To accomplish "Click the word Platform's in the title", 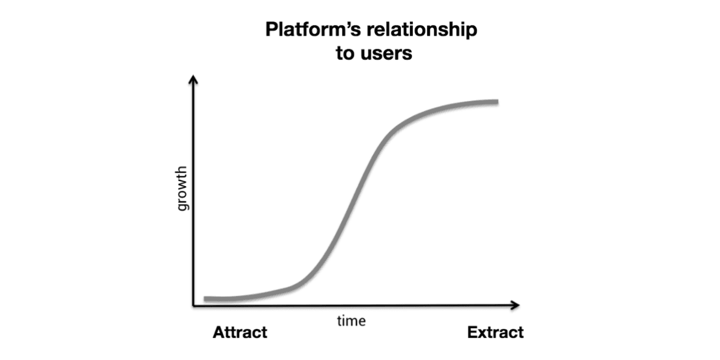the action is point(313,29).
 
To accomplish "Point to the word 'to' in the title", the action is point(345,53).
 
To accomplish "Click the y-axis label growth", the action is point(182,188).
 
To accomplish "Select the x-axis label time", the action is point(352,321).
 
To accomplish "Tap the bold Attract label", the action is point(240,332).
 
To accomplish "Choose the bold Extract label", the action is point(496,332).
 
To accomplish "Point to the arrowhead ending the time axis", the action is point(515,305).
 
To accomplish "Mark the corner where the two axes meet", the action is point(193,305).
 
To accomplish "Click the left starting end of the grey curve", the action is point(205,299).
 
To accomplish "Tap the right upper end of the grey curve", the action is point(497,102).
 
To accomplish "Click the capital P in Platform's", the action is point(272,29).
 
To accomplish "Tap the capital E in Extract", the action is point(473,332).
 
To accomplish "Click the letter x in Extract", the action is point(484,334).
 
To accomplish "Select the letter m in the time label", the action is point(352,322).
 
